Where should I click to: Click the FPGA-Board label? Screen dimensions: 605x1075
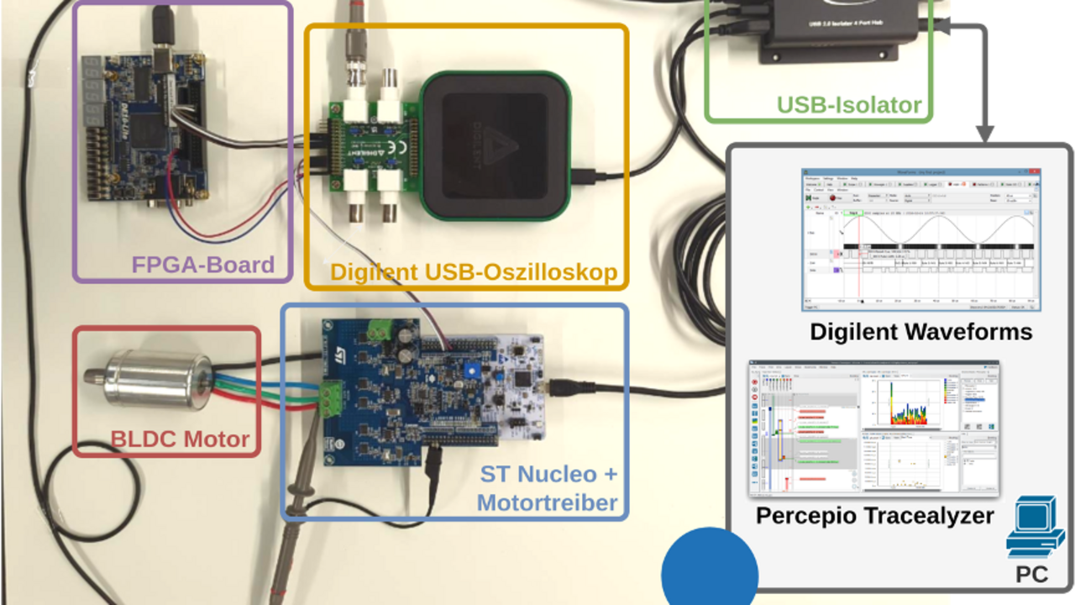pyautogui.click(x=202, y=265)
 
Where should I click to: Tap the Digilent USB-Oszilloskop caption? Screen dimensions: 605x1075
pyautogui.click(x=474, y=272)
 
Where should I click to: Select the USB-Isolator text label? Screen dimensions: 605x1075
pyautogui.click(x=849, y=106)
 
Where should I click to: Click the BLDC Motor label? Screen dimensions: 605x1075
pyautogui.click(x=180, y=439)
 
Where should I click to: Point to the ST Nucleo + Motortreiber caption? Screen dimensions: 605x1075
pyautogui.click(x=548, y=488)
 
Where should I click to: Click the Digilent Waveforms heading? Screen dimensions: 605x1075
pyautogui.click(x=920, y=332)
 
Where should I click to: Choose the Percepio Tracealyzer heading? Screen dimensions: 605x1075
pyautogui.click(x=874, y=515)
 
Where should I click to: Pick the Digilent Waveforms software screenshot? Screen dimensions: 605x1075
pyautogui.click(x=920, y=239)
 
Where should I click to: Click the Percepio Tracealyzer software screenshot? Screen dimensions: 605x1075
pyautogui.click(x=873, y=429)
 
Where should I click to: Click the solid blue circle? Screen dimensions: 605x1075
pyautogui.click(x=710, y=571)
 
